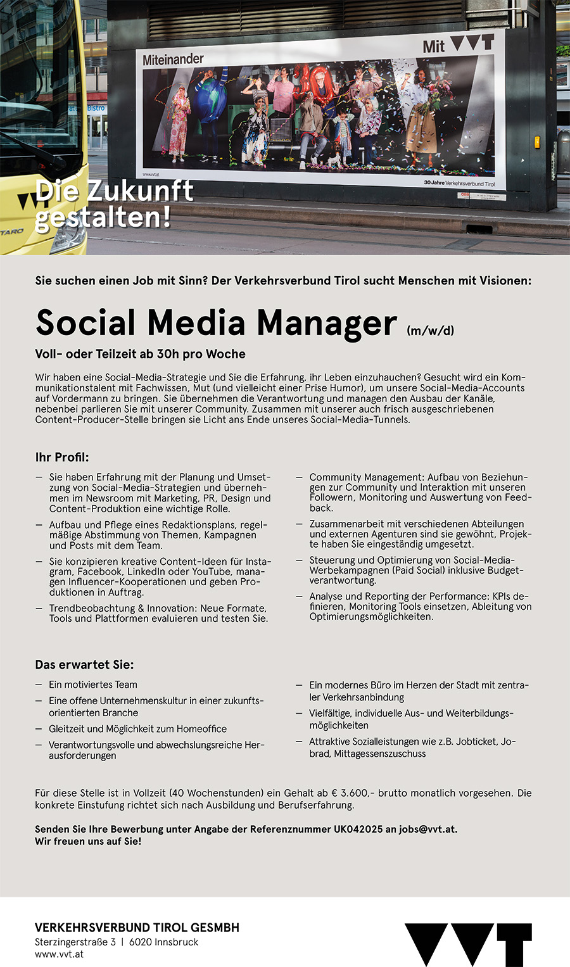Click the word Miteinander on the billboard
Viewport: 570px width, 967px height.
(x=173, y=60)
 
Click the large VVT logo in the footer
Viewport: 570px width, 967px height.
(x=468, y=944)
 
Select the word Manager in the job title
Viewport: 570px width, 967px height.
(x=327, y=322)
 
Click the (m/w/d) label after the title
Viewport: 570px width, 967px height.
(x=430, y=330)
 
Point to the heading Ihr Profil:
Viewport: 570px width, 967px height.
(x=62, y=457)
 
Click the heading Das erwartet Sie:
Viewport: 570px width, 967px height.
(x=84, y=665)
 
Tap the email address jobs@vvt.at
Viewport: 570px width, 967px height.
(x=427, y=829)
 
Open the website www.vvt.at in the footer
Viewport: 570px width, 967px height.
(x=59, y=954)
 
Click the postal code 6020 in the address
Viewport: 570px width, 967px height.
(x=140, y=942)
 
